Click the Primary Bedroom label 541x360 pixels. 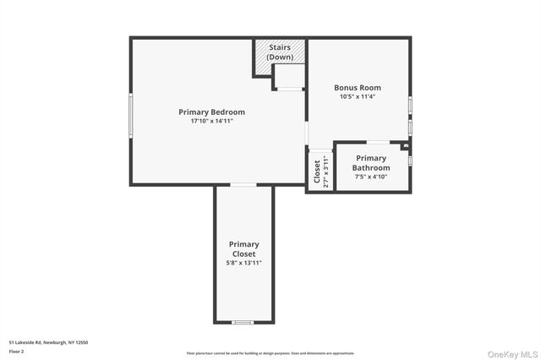click(x=211, y=112)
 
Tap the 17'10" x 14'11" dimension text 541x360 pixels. click(x=211, y=122)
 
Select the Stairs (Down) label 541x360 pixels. click(x=280, y=53)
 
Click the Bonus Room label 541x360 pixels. click(x=358, y=87)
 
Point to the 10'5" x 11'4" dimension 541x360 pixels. click(x=358, y=96)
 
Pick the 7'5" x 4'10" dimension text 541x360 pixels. click(x=371, y=177)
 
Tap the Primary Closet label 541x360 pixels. click(x=243, y=249)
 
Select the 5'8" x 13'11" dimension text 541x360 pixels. click(x=243, y=263)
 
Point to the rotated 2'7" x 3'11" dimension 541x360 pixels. click(x=326, y=172)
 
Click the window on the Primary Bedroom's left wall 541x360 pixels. click(x=130, y=114)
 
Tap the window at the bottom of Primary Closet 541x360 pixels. click(x=243, y=322)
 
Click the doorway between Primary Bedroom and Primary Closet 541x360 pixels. click(x=243, y=184)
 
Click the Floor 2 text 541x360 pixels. click(x=16, y=351)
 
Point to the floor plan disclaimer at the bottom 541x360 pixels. click(x=270, y=353)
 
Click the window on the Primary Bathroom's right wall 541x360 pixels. click(x=410, y=159)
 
